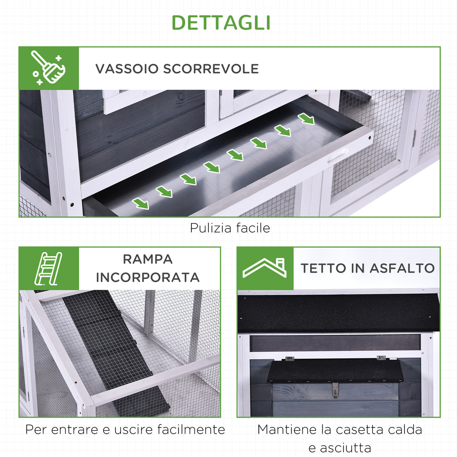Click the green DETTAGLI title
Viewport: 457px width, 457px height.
(x=221, y=22)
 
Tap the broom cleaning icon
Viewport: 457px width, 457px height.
(x=49, y=68)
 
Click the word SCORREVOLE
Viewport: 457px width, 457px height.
(x=211, y=69)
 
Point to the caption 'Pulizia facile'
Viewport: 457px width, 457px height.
(x=230, y=228)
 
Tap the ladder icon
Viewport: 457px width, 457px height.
(x=48, y=268)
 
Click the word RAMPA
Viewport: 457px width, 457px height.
(x=148, y=259)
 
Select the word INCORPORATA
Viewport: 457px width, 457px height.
(x=148, y=278)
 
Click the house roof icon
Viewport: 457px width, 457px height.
(x=264, y=268)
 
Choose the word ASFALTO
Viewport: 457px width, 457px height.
(x=402, y=268)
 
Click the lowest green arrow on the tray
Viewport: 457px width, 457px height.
(x=141, y=204)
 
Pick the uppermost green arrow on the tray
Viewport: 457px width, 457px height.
(x=306, y=119)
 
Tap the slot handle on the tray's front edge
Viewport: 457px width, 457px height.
(x=338, y=157)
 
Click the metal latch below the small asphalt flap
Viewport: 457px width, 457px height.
(x=335, y=390)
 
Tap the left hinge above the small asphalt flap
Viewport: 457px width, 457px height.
(x=290, y=359)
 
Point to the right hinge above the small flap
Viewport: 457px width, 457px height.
(x=381, y=358)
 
